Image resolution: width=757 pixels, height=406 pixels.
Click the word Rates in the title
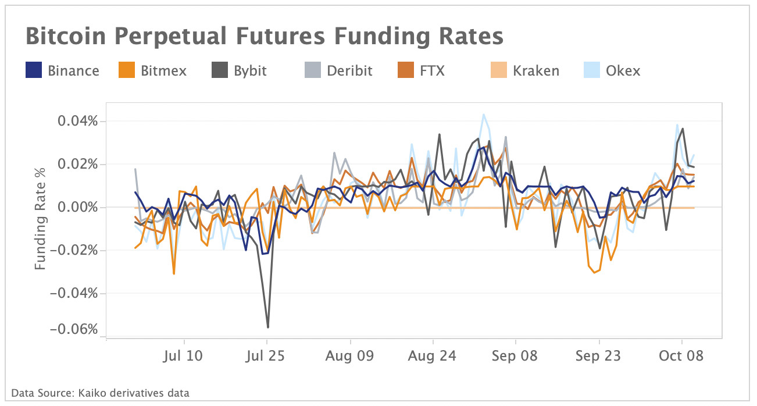coord(469,37)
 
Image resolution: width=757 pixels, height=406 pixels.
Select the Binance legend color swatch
coord(34,71)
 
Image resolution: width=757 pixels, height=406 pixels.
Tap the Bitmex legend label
coord(163,71)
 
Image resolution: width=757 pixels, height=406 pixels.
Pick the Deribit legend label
coord(349,71)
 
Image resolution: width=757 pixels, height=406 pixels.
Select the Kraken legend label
coord(535,71)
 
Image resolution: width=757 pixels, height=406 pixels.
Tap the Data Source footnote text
coord(100,393)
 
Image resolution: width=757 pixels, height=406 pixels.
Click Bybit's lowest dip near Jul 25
coord(267,327)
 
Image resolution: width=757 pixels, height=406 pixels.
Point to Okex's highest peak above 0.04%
coord(483,115)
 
